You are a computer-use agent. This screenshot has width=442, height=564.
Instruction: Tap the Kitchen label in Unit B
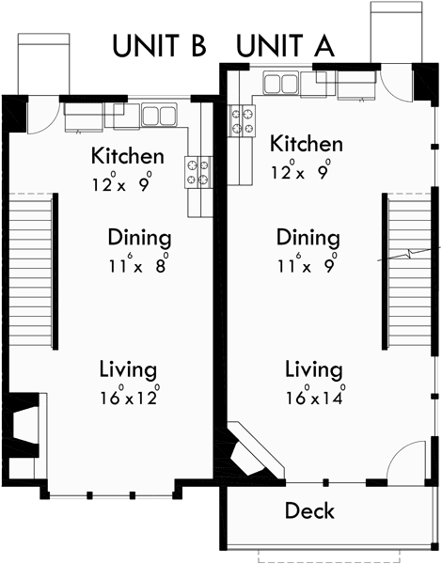[x=127, y=156]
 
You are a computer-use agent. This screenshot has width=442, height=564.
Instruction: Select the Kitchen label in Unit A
[x=307, y=144]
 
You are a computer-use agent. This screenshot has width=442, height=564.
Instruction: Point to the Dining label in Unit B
[x=139, y=237]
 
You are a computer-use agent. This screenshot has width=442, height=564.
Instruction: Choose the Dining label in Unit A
[x=308, y=237]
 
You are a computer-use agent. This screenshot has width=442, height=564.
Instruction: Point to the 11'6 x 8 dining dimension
[x=138, y=264]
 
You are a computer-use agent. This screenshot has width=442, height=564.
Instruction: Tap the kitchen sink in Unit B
[x=159, y=117]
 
